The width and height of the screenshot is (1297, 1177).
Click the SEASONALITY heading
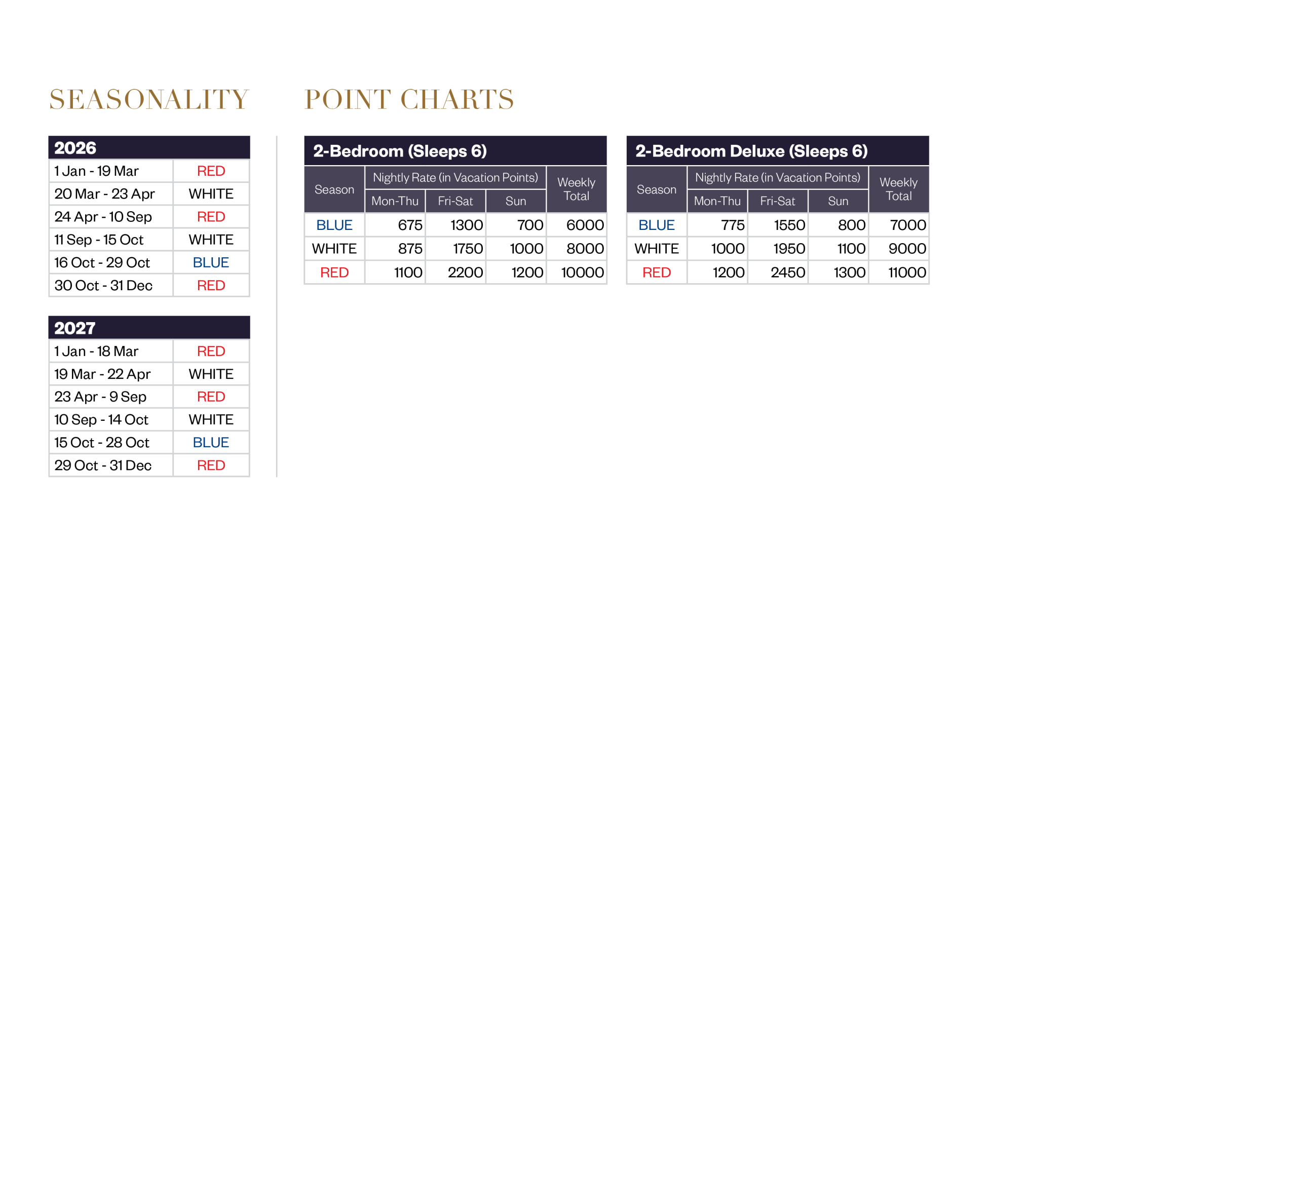pos(148,100)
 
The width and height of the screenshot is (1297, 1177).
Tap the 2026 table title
pos(75,148)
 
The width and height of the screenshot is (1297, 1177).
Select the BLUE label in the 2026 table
pos(211,262)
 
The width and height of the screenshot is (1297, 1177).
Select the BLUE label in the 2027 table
pos(211,443)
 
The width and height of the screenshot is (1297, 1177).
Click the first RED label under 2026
pos(211,171)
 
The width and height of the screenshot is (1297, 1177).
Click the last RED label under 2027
pos(211,465)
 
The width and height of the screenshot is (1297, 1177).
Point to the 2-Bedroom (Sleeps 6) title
pos(400,151)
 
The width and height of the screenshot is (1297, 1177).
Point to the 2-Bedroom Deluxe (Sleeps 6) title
pos(751,151)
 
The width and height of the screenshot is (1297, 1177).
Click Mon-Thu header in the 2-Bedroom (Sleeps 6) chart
pos(395,201)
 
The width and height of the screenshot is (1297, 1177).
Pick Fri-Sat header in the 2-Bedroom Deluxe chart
pos(777,201)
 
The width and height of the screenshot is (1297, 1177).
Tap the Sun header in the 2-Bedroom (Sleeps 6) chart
pos(516,201)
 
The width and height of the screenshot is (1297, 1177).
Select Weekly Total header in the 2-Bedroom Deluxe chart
pos(898,189)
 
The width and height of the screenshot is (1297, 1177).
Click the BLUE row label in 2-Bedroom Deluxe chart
pos(656,225)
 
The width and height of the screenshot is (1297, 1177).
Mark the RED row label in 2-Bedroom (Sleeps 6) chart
pos(334,272)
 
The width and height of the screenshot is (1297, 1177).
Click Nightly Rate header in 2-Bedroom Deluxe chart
pos(777,178)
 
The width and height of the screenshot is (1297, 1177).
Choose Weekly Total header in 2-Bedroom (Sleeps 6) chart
pos(576,189)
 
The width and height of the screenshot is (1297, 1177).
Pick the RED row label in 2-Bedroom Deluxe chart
pos(656,272)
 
